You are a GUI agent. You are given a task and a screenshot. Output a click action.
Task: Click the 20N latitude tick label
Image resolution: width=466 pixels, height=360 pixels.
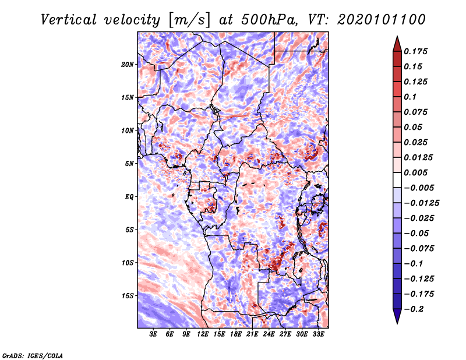[128, 65]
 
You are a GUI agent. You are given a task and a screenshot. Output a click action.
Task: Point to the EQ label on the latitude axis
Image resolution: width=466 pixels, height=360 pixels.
[129, 197]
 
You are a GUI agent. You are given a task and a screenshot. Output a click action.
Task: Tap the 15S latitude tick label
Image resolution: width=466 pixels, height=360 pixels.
[128, 296]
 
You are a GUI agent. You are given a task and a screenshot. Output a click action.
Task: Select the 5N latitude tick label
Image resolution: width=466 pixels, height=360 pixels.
[129, 164]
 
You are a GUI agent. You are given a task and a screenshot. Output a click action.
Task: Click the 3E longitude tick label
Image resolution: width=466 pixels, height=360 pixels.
[153, 334]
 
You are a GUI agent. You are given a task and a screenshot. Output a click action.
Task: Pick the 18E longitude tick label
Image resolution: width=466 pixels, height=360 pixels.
[236, 334]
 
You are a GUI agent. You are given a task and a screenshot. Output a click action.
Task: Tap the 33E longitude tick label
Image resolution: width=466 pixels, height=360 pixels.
[318, 334]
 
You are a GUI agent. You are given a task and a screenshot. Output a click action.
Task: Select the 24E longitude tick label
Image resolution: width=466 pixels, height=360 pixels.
[269, 334]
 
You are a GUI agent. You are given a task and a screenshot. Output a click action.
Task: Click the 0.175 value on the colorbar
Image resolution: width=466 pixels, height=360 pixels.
[415, 51]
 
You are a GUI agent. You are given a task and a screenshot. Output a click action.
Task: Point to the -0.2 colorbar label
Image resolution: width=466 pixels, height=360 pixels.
[414, 309]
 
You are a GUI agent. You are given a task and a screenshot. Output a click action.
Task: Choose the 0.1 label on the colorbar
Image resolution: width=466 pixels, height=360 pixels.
[410, 97]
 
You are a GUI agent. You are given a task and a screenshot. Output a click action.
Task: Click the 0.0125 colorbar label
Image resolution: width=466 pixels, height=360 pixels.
[418, 157]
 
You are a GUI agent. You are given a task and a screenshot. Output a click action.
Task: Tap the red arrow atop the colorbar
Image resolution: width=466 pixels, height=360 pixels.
[397, 44]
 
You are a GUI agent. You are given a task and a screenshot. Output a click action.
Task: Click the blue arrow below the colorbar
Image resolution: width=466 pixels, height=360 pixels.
[397, 316]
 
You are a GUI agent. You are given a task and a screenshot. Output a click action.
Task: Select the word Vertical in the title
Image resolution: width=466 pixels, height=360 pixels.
[69, 20]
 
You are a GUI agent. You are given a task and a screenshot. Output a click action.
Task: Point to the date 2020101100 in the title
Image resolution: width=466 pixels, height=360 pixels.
[382, 20]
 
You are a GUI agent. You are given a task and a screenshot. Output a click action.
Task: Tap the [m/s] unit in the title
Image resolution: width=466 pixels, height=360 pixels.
[190, 20]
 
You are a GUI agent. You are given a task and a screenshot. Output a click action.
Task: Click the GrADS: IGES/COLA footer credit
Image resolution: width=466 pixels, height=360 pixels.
[33, 356]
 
